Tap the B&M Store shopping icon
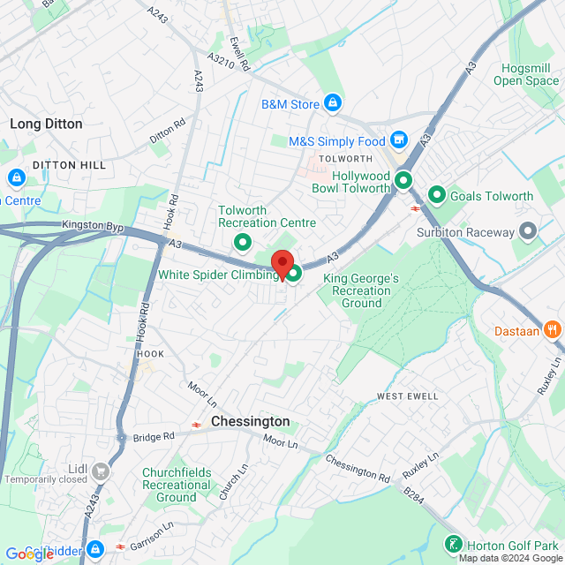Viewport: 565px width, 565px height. (332, 104)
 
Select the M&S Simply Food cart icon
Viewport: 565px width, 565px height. (399, 140)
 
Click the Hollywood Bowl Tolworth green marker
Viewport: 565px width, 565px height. (403, 181)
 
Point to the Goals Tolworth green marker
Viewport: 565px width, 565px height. (436, 195)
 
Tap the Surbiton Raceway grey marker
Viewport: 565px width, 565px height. (528, 232)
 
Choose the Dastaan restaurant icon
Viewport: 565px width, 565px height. (553, 326)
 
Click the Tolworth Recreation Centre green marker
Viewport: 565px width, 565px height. (241, 242)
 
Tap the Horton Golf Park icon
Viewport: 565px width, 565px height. (453, 545)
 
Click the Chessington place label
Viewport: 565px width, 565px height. (250, 422)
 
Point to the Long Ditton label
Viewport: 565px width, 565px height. (46, 124)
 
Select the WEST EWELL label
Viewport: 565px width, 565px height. (407, 396)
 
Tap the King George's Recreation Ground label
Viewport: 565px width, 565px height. (361, 290)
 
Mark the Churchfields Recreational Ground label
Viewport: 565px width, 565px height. (177, 485)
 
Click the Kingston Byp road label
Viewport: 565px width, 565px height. (93, 226)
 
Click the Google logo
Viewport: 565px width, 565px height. (29, 554)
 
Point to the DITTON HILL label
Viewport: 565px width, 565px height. (69, 165)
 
